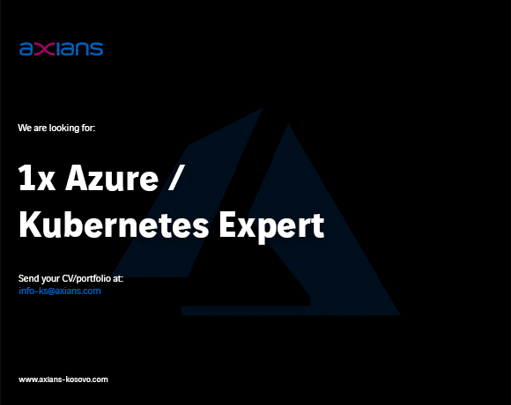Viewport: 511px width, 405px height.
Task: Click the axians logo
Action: (62, 48)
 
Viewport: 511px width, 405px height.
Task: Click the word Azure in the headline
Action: (112, 178)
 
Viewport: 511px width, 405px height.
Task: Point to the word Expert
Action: (271, 227)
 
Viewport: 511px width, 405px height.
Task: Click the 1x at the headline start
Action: (37, 178)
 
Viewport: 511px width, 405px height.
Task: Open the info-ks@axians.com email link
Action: (60, 291)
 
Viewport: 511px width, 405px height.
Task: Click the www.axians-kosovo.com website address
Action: (63, 379)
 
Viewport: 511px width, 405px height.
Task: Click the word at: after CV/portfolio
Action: (118, 279)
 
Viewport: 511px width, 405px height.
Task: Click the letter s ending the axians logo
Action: (96, 49)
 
